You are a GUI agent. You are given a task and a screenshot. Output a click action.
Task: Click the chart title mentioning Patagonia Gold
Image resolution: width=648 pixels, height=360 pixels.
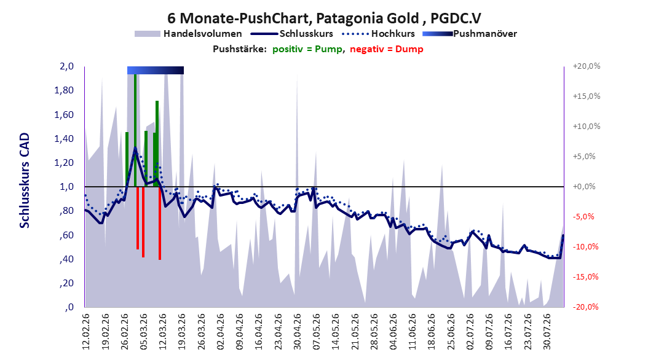pos(324,18)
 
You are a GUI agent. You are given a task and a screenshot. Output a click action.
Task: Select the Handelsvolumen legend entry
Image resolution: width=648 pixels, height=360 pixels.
pos(188,34)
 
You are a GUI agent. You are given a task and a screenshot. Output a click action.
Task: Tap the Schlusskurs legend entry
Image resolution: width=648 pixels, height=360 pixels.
pos(291,34)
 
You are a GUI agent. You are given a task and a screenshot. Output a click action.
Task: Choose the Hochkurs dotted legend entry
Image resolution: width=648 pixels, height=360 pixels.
pos(378,34)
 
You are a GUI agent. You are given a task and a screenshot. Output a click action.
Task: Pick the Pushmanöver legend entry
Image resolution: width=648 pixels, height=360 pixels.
pos(470,34)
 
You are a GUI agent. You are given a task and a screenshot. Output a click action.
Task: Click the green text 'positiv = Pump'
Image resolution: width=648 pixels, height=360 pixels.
pos(307,49)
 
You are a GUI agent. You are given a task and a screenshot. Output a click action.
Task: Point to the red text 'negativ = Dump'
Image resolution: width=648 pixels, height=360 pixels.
pos(387,49)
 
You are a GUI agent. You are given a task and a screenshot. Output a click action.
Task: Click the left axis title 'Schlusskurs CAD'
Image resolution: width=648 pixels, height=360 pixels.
pos(25,181)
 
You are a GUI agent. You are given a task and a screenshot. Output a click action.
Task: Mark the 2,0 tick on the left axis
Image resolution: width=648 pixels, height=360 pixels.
pos(66,66)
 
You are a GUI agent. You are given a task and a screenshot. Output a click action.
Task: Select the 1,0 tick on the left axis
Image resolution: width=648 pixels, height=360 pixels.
pos(66,187)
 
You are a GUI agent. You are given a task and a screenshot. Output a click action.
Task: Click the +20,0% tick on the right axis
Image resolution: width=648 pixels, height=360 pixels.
pos(587,66)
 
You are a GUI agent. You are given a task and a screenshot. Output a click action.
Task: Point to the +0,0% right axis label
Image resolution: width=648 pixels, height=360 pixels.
pos(584,187)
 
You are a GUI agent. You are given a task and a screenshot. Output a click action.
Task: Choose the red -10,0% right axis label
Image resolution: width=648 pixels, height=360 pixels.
pos(585,247)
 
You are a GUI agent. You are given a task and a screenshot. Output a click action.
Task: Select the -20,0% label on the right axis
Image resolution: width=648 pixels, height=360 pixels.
pos(585,307)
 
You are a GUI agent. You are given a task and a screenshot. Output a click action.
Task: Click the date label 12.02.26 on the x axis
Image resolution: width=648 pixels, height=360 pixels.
pos(85,332)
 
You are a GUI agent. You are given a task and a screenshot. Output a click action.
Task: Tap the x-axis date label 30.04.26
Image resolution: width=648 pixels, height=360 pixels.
pos(297,332)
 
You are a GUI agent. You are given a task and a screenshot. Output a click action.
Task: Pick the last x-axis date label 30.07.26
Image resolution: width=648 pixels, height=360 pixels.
pos(547,332)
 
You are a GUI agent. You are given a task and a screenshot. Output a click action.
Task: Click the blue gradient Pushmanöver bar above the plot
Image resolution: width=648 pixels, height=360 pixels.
pos(156,70)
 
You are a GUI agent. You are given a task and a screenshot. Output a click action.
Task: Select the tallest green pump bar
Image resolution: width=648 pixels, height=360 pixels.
pos(135,130)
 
